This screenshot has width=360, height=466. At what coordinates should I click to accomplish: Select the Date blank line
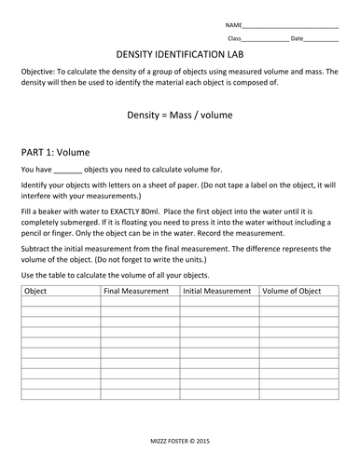(x=321, y=39)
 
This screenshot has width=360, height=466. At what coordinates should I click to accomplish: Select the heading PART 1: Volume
(x=61, y=149)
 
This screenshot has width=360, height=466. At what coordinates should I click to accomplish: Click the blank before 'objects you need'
(x=68, y=171)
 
